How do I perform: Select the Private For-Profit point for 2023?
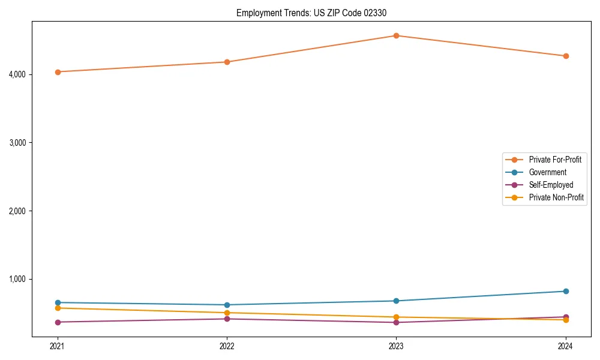(x=396, y=35)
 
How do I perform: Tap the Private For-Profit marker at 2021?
(x=58, y=72)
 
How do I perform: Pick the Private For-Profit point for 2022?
(x=227, y=62)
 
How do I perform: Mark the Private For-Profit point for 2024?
(x=565, y=56)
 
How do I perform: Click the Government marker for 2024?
(x=565, y=291)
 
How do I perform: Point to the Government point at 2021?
(x=58, y=302)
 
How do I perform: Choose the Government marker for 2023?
(x=396, y=301)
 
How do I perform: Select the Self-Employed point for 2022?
(x=227, y=319)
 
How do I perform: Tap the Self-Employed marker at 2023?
(x=396, y=322)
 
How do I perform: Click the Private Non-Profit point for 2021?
(x=58, y=308)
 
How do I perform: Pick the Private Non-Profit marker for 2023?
(x=396, y=317)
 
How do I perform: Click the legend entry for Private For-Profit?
(x=554, y=160)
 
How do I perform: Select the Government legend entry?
(x=547, y=172)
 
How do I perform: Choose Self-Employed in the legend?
(x=551, y=185)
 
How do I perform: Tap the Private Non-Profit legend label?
(x=556, y=197)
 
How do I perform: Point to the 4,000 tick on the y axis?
(x=19, y=74)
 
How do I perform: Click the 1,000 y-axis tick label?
(x=19, y=279)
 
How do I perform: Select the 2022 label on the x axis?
(x=227, y=346)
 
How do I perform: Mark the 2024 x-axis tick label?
(x=565, y=346)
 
